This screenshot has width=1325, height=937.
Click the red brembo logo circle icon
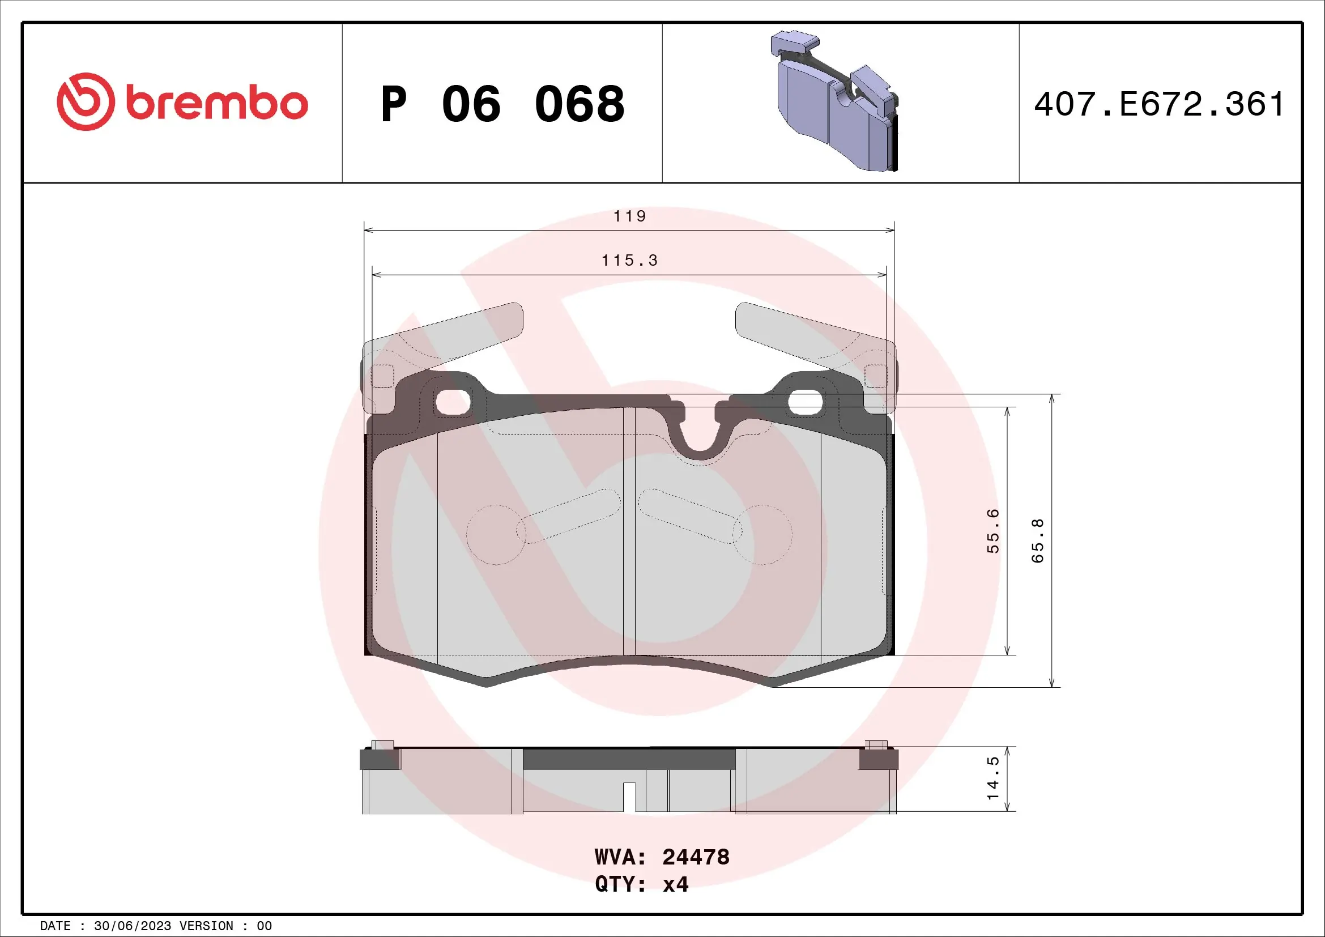point(86,101)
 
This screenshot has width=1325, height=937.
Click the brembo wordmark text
point(216,104)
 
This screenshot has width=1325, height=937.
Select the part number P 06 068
point(502,104)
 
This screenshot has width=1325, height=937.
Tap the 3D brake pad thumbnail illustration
point(835,101)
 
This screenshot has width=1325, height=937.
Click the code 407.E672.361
point(1160,104)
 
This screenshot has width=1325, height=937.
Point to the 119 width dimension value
point(629,216)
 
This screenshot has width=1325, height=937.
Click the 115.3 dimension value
point(629,261)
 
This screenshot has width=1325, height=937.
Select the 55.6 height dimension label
point(992,531)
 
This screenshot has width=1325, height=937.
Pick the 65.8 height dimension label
point(1037,540)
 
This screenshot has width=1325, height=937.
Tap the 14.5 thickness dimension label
point(992,778)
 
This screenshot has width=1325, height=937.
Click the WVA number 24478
point(696,857)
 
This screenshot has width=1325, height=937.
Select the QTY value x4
point(675,884)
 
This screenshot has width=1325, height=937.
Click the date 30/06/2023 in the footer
point(132,926)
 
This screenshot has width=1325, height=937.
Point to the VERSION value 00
point(264,926)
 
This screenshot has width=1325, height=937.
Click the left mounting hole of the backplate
point(453,402)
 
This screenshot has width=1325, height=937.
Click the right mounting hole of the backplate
point(806,402)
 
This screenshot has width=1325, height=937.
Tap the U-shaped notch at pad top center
point(700,438)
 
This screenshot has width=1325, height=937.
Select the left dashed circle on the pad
point(496,535)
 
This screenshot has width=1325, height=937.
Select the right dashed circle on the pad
point(762,535)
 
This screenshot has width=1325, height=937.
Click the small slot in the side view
point(629,797)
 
